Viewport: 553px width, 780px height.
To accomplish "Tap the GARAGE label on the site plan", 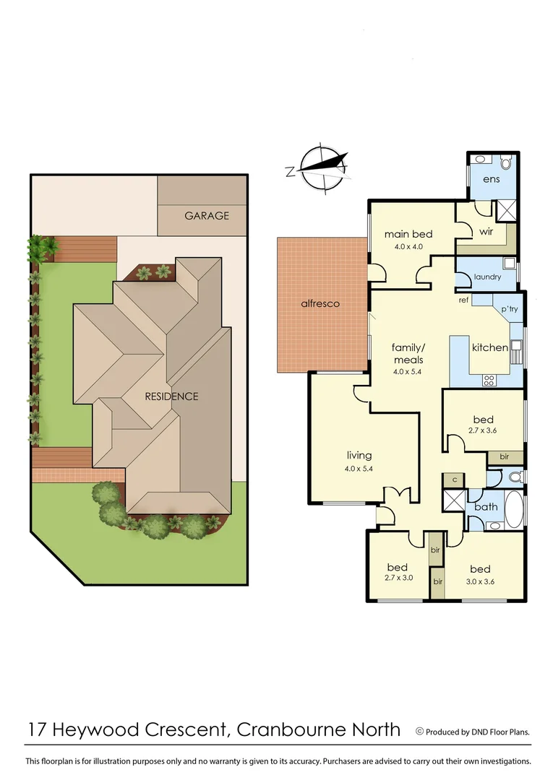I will [206, 215].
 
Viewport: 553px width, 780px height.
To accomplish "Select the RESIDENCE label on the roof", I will [171, 396].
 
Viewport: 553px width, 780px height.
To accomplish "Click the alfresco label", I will [320, 304].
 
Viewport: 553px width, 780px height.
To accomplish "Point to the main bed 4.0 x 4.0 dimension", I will [408, 246].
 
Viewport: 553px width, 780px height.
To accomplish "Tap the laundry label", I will [487, 277].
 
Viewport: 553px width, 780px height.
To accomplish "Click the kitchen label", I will [489, 347].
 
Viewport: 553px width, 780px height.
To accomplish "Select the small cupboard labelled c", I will [453, 480].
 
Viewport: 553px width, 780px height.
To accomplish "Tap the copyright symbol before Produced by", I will [419, 732].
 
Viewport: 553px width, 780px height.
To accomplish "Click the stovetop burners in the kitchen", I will [488, 378].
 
